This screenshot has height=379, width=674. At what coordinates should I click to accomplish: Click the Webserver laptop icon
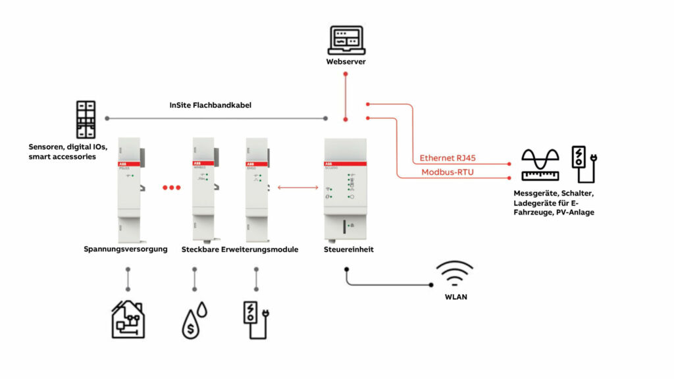click(346, 40)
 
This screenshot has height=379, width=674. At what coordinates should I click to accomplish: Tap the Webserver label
click(346, 62)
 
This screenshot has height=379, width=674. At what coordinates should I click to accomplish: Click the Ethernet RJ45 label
click(448, 159)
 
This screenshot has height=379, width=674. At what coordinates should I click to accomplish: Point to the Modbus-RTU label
click(448, 172)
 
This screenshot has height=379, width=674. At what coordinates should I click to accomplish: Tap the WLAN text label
click(455, 297)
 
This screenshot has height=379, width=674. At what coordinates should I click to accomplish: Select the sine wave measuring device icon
click(540, 164)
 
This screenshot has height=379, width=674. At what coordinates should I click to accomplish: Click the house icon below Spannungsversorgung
click(128, 318)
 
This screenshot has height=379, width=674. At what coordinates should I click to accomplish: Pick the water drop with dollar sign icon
click(194, 320)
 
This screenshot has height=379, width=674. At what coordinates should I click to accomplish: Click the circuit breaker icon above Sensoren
click(86, 119)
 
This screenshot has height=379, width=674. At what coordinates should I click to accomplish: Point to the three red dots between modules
click(171, 188)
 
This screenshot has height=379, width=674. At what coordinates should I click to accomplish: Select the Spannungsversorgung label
click(126, 249)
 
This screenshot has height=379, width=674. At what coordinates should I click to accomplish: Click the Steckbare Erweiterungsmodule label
click(240, 249)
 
